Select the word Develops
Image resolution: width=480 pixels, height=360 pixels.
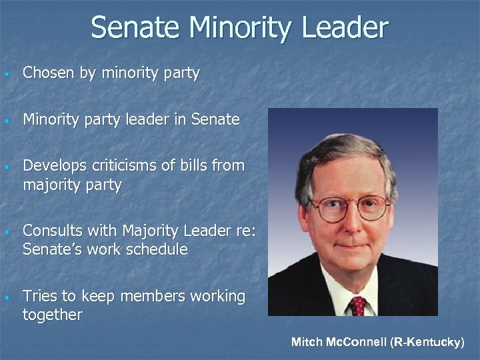tap(52, 165)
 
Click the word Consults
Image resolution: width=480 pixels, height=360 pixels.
tap(51, 231)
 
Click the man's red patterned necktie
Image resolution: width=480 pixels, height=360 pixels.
tap(358, 305)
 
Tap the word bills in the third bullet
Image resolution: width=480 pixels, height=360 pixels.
tap(199, 165)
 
